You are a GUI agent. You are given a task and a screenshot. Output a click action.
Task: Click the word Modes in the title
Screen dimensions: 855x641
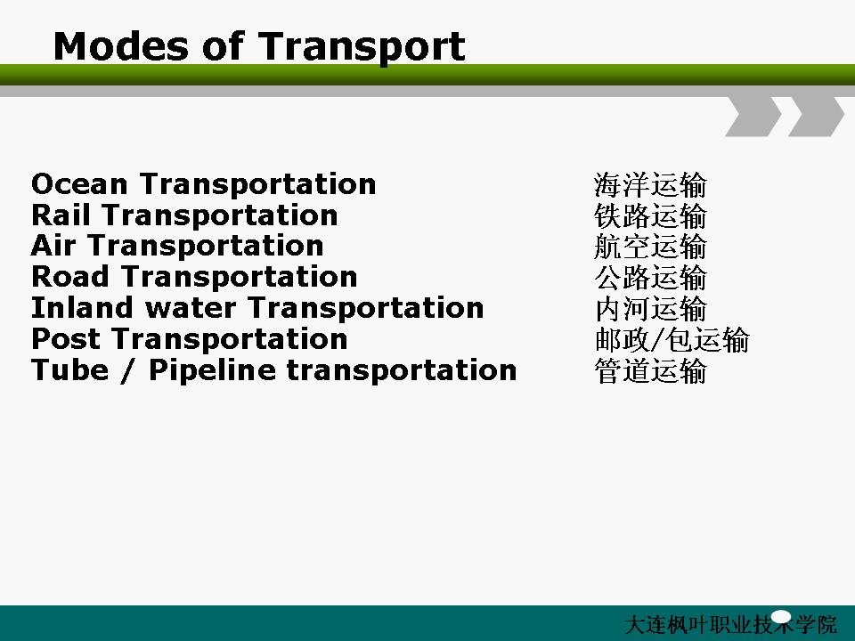pyautogui.click(x=121, y=45)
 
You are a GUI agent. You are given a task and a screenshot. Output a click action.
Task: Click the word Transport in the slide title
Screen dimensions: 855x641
pyautogui.click(x=362, y=48)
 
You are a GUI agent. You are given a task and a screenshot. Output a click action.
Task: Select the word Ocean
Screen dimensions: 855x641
pyautogui.click(x=79, y=183)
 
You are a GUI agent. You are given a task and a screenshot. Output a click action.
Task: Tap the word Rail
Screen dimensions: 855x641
pyautogui.click(x=61, y=215)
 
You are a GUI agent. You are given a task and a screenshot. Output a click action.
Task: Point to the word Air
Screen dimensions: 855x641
pyautogui.click(x=53, y=246)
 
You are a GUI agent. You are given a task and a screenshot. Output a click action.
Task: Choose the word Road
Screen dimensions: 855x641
pyautogui.click(x=70, y=276)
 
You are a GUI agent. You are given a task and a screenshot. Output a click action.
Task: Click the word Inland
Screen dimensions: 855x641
pyautogui.click(x=82, y=307)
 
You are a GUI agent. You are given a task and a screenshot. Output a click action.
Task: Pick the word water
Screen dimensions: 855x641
pyautogui.click(x=191, y=308)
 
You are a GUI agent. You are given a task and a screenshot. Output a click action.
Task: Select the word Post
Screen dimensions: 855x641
pyautogui.click(x=65, y=338)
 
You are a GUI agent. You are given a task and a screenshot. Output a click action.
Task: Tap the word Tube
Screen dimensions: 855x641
pyautogui.click(x=69, y=369)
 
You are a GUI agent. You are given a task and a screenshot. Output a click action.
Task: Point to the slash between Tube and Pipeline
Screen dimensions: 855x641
pyautogui.click(x=128, y=370)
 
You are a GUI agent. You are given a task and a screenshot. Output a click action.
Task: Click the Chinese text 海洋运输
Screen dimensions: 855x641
pyautogui.click(x=650, y=185)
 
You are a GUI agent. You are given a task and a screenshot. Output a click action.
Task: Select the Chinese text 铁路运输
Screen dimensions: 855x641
pyautogui.click(x=650, y=215)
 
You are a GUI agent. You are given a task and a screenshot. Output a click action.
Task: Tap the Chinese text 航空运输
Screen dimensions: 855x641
pyautogui.click(x=650, y=247)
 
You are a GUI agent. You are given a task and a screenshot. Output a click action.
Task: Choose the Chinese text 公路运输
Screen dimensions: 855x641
pyautogui.click(x=650, y=278)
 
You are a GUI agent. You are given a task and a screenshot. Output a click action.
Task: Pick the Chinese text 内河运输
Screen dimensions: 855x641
pyautogui.click(x=650, y=309)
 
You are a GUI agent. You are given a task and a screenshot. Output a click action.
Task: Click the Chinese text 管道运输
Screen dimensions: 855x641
pyautogui.click(x=650, y=370)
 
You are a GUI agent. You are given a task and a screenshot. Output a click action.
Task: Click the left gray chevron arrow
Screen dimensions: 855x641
pyautogui.click(x=754, y=117)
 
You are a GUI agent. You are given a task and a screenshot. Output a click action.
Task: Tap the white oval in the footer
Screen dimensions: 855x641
pyautogui.click(x=781, y=617)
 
